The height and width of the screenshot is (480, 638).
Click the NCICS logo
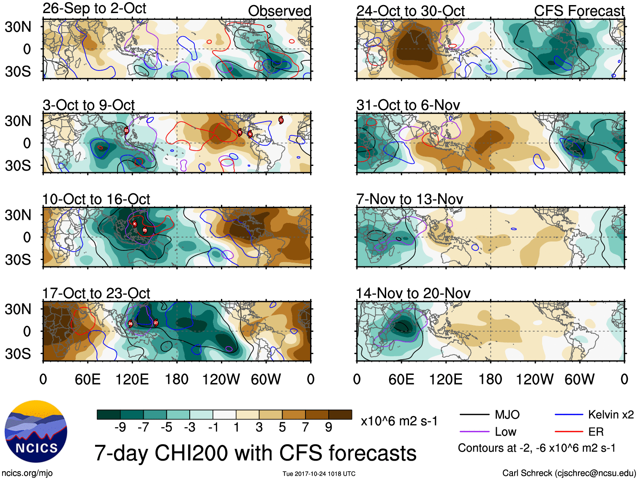[x=36, y=431]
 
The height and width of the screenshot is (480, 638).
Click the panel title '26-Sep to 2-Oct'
[x=94, y=8]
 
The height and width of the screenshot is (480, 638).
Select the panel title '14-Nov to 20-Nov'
[x=413, y=293]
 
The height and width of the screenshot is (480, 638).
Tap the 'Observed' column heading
[x=279, y=11]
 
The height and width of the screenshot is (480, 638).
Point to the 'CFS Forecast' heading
[x=579, y=11]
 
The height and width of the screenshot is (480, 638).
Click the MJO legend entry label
[x=507, y=415]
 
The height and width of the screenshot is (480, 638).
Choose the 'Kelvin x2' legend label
[x=611, y=415]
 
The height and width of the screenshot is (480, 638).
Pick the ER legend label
[x=596, y=432]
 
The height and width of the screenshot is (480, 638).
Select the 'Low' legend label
[x=505, y=432]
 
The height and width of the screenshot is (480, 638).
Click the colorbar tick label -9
[x=120, y=428]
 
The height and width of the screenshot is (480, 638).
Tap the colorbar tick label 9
[x=329, y=428]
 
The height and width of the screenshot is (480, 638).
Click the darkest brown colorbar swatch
[x=340, y=415]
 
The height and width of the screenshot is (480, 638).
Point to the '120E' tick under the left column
[x=132, y=379]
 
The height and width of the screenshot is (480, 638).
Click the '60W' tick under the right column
[x=579, y=379]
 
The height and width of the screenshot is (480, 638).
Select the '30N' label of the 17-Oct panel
[x=18, y=309]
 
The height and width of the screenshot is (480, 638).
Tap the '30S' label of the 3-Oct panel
[x=18, y=165]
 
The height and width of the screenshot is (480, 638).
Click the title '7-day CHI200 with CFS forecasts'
[x=255, y=453]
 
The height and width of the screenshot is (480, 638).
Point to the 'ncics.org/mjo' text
[x=27, y=473]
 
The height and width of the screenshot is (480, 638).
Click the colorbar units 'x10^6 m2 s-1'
[x=399, y=421]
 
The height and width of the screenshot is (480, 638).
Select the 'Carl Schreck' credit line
[x=569, y=473]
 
